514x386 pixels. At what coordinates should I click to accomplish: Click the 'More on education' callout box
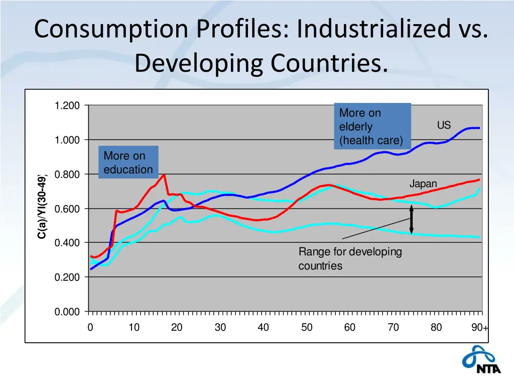128,162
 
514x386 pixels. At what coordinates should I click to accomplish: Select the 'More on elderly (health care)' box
372,127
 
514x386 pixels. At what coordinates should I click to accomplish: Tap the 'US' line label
444,126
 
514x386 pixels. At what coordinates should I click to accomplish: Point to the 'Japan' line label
423,184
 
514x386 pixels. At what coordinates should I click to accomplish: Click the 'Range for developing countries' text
350,258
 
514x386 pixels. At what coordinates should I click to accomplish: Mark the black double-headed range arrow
411,220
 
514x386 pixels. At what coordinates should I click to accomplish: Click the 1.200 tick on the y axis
67,106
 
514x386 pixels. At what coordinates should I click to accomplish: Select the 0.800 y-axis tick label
67,174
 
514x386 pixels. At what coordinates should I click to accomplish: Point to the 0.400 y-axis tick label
67,243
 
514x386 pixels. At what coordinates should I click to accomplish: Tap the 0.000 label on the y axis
67,312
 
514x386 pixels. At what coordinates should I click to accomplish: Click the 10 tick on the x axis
134,328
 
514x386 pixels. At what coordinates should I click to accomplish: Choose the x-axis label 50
307,328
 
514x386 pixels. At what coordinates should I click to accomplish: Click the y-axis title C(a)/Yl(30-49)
43,207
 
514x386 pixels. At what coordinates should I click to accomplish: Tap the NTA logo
480,360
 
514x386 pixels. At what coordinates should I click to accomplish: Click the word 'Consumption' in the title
111,29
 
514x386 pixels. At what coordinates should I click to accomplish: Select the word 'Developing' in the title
199,63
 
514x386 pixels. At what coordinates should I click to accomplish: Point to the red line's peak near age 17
164,175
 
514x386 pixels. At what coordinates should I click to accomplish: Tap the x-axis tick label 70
393,328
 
